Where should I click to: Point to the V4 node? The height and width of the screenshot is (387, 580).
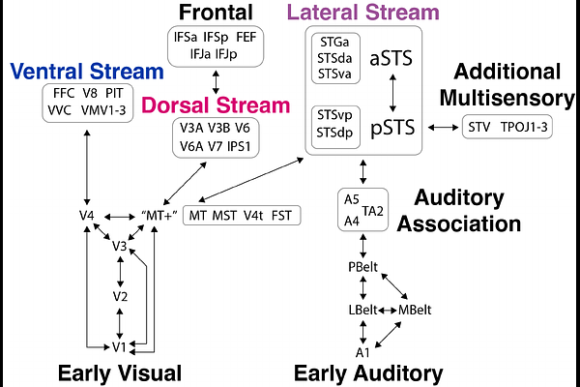(x=88, y=214)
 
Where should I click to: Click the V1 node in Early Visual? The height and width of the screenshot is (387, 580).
(x=118, y=346)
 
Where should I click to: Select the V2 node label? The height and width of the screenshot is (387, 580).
(x=119, y=295)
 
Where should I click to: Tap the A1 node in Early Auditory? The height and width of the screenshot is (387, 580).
(x=362, y=352)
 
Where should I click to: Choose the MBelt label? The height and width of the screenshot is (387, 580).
(x=415, y=310)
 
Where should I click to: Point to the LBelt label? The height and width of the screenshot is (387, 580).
(x=362, y=310)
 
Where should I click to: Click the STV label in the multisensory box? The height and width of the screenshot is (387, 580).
(x=478, y=128)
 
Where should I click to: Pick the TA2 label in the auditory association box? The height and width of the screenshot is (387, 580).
(x=374, y=210)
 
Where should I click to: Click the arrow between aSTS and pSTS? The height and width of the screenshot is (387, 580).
(x=392, y=93)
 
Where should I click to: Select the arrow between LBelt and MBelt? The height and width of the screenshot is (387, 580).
(x=388, y=310)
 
